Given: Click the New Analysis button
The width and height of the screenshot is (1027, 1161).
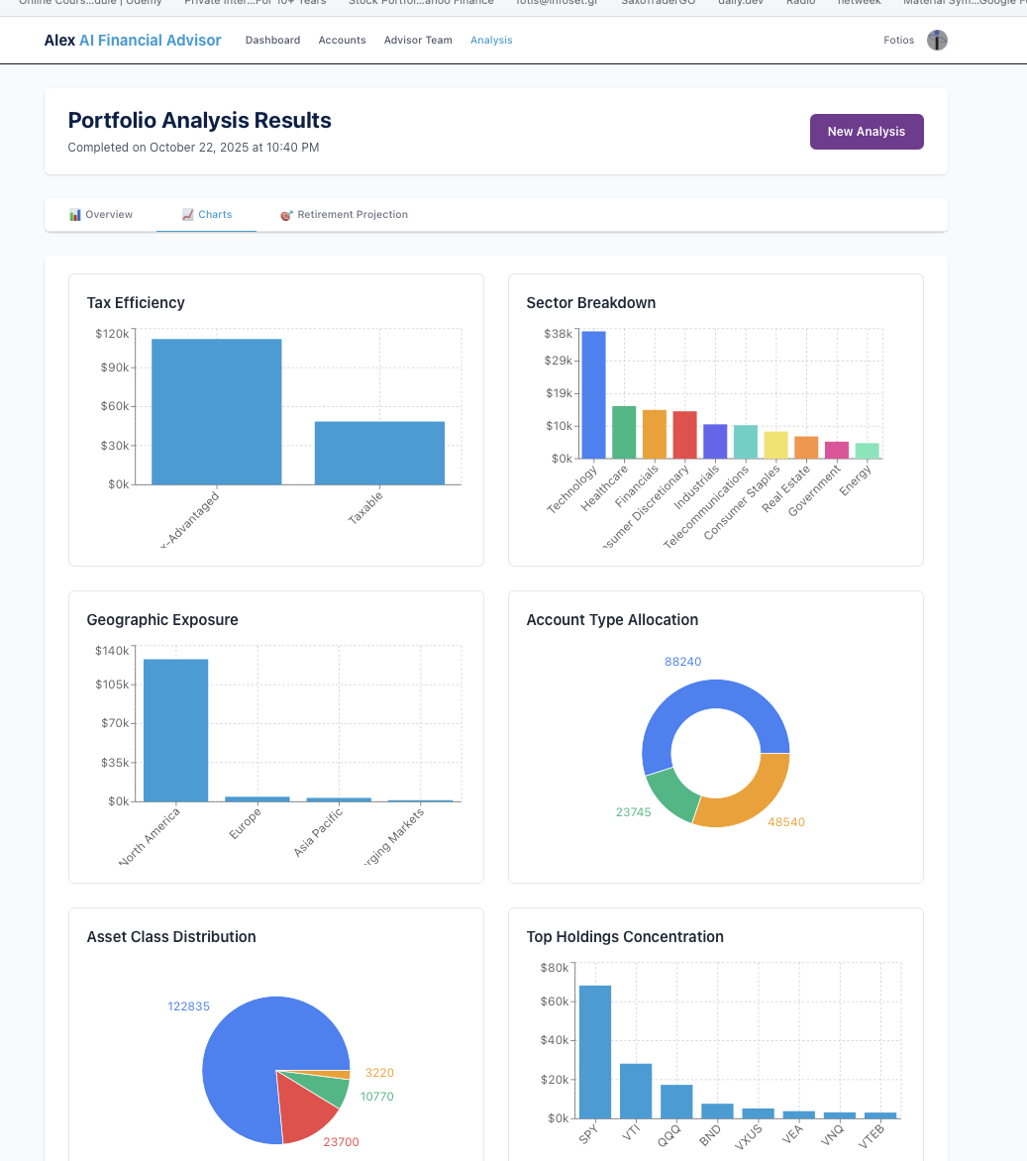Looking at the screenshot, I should [867, 132].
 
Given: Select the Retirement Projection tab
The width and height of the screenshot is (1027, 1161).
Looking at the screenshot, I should [344, 215].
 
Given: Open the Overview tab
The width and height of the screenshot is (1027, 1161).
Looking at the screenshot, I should [101, 215].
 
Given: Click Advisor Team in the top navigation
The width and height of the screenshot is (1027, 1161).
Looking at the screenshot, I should [418, 41].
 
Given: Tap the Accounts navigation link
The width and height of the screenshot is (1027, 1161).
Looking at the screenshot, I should [342, 41].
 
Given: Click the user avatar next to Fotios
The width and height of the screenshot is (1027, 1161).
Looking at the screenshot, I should [937, 41].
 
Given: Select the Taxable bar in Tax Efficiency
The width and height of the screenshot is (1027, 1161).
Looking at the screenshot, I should [379, 453].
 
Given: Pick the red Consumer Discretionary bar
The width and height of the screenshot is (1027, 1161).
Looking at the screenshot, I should [684, 435].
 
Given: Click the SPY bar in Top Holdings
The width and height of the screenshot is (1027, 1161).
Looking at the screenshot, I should [595, 1051].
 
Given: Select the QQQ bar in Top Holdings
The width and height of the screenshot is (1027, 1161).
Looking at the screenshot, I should [676, 1102].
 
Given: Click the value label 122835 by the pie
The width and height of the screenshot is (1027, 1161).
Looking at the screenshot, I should [188, 1006].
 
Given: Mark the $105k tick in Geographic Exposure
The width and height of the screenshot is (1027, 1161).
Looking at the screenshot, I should [111, 685].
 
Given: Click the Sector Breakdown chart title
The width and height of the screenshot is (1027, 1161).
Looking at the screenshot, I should [590, 303].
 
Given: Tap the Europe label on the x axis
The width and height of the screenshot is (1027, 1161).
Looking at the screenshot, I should [246, 824].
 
